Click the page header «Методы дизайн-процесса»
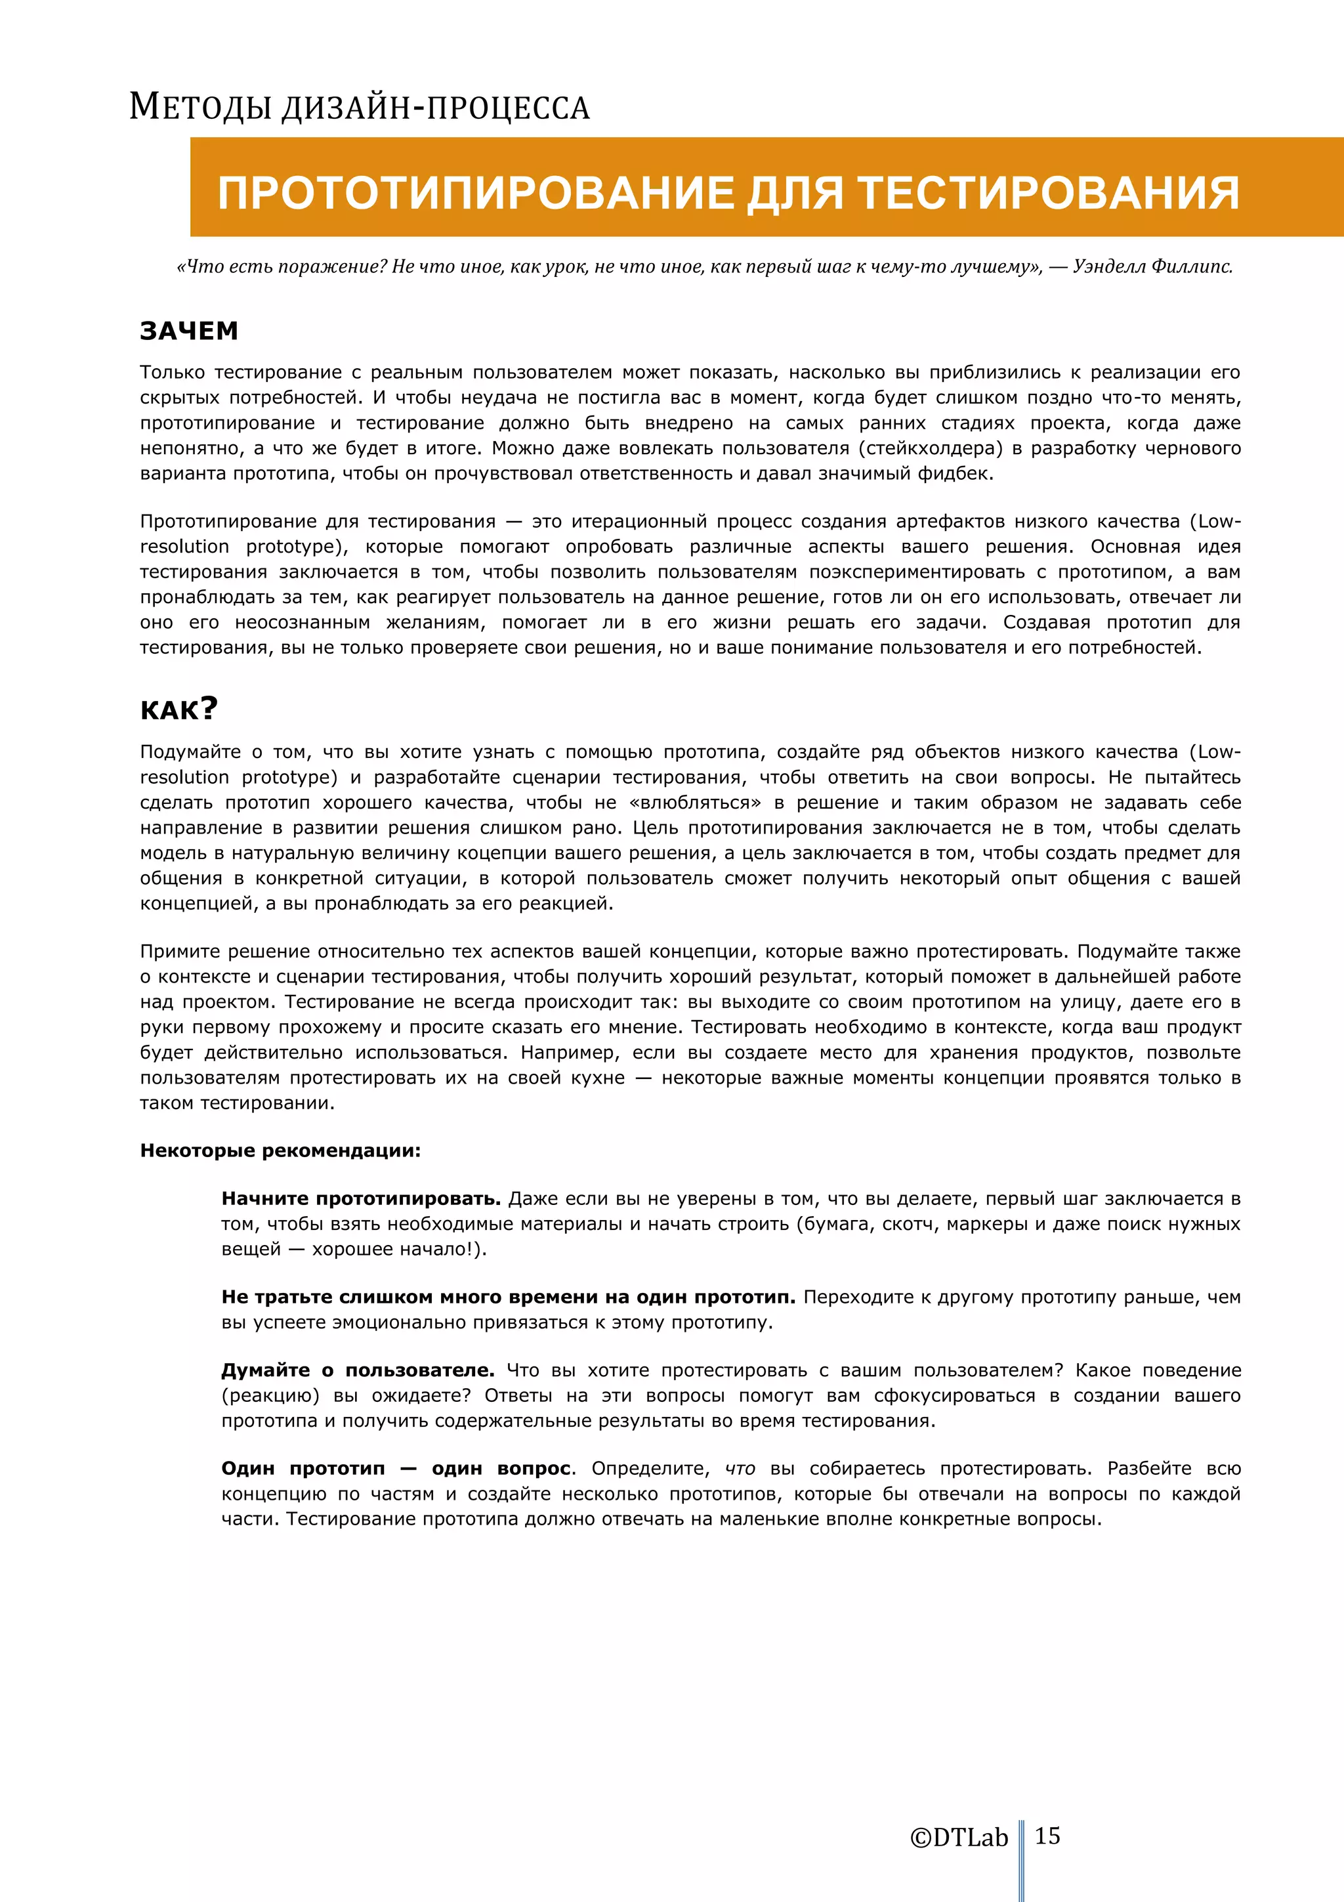pyautogui.click(x=360, y=108)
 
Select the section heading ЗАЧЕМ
pyautogui.click(x=189, y=331)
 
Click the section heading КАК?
pyautogui.click(x=179, y=709)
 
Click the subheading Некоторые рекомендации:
pyautogui.click(x=280, y=1151)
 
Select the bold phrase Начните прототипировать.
pyautogui.click(x=361, y=1198)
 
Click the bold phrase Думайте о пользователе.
pyautogui.click(x=358, y=1370)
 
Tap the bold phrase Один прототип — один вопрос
pyautogui.click(x=396, y=1469)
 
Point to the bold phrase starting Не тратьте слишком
pyautogui.click(x=508, y=1298)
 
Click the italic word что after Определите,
pyautogui.click(x=740, y=1469)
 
